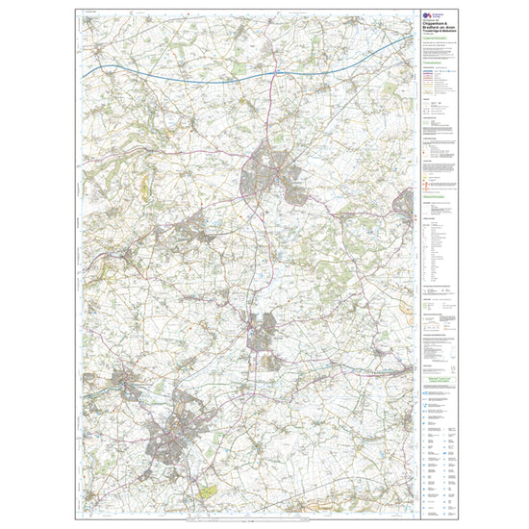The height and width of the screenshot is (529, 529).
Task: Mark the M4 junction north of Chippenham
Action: [x=275, y=70]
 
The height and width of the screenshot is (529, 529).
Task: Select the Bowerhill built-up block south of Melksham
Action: [x=272, y=361]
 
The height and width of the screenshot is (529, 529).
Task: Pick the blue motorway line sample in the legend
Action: [x=429, y=71]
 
